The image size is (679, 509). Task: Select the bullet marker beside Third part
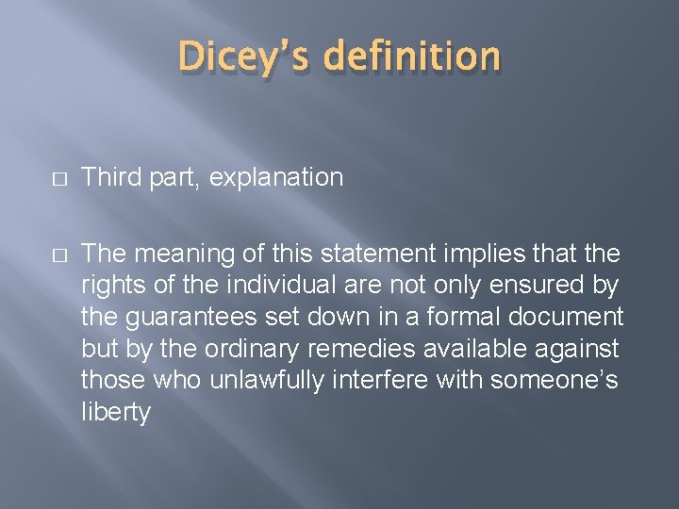pyautogui.click(x=34, y=178)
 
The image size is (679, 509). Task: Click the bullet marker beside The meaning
pyautogui.click(x=34, y=254)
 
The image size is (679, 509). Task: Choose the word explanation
pyautogui.click(x=276, y=177)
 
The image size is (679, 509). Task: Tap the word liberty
pyautogui.click(x=115, y=412)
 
